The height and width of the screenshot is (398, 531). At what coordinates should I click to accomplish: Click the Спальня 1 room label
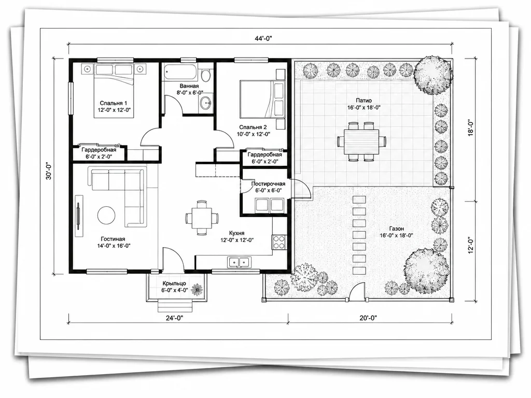click(114, 103)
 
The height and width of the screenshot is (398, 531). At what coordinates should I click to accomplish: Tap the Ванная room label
click(189, 86)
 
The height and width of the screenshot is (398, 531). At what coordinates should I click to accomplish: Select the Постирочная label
click(268, 184)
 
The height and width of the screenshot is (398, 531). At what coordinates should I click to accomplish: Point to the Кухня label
click(236, 233)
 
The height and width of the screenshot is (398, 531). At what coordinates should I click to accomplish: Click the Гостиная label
click(114, 239)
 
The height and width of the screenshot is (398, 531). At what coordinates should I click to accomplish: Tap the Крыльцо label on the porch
click(174, 283)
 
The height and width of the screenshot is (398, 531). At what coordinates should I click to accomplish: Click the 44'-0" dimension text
click(263, 38)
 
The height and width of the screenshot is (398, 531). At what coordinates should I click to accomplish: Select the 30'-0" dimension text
click(49, 171)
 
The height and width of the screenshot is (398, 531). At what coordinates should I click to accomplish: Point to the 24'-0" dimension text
click(174, 318)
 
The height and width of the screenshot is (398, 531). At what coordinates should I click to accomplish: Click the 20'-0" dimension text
click(368, 318)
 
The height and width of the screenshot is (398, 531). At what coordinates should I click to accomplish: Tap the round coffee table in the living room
click(106, 215)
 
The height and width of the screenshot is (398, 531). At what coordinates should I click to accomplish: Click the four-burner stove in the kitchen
click(279, 243)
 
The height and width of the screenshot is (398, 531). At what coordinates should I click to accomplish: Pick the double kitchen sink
click(240, 262)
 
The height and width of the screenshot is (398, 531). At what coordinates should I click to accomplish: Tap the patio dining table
click(362, 141)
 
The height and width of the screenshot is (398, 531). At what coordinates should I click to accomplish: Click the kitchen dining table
click(202, 218)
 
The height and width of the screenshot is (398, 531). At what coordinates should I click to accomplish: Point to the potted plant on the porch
click(197, 289)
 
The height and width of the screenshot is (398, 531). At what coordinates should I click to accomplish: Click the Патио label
click(364, 101)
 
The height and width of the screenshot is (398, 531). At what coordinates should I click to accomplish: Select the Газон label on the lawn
click(396, 229)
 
